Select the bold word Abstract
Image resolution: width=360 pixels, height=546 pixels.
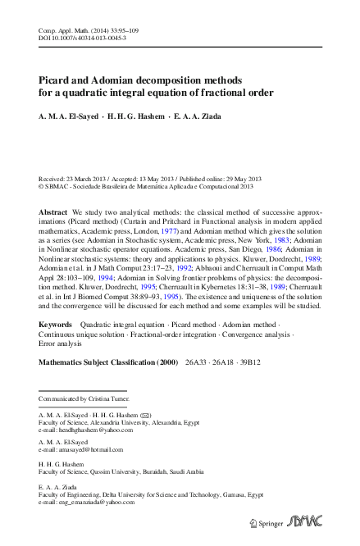pyautogui.click(x=53, y=212)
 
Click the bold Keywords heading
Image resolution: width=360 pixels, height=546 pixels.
pyautogui.click(x=56, y=348)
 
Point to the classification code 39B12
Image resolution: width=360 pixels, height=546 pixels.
pyautogui.click(x=268, y=384)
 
